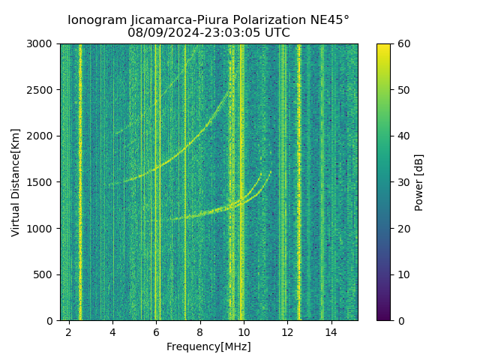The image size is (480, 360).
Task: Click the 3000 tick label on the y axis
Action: tap(42, 44)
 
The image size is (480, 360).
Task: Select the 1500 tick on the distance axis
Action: tap(42, 182)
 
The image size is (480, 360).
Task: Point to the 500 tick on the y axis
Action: tap(45, 274)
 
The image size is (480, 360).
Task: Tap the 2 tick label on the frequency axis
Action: tap(69, 332)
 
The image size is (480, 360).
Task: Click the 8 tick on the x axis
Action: tap(200, 332)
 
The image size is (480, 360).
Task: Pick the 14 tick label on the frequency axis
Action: tap(331, 332)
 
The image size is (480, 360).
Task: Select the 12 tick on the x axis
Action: tap(287, 332)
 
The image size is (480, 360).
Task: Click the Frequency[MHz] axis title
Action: tap(208, 346)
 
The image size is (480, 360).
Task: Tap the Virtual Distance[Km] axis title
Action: tap(16, 182)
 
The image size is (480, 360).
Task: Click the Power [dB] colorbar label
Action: tap(418, 182)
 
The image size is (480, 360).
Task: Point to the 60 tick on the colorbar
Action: tap(403, 44)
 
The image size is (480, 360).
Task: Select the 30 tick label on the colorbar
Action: tap(403, 182)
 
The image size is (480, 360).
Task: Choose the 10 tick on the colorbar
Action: tap(403, 274)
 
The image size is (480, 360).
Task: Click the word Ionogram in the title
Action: tap(97, 20)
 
